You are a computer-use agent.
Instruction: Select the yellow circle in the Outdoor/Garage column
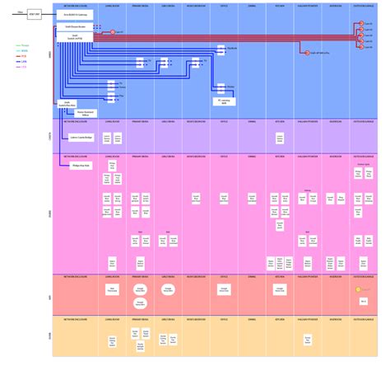point(359,290)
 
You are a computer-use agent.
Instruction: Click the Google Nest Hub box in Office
point(223,289)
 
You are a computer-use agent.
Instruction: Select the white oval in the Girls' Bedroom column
point(167,289)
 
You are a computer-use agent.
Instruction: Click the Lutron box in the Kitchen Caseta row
point(281,137)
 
